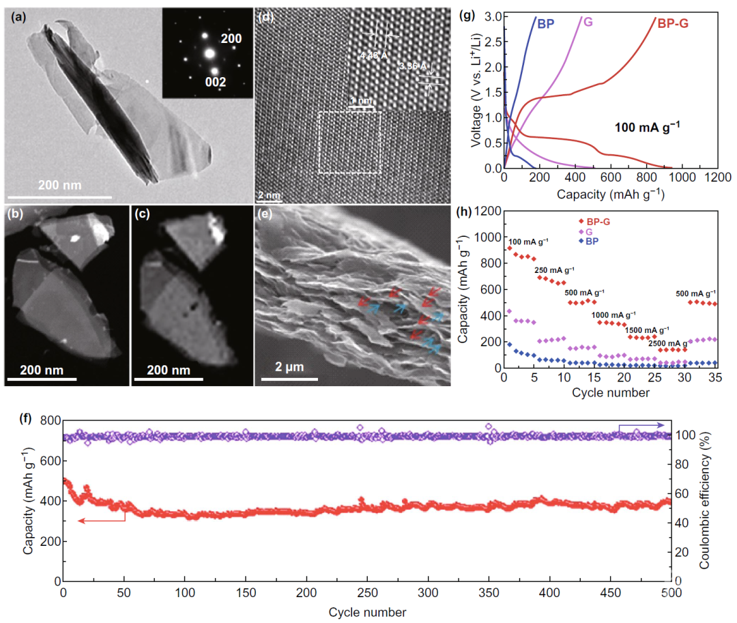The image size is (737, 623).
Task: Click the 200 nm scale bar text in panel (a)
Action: point(60,185)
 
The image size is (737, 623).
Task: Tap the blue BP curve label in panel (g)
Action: point(545,24)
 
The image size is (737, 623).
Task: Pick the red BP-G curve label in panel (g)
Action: point(672,25)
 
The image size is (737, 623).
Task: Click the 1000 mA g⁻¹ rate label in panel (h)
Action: point(611,315)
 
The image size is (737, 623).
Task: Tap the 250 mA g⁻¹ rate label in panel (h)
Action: point(554,270)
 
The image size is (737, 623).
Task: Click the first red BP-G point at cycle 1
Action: point(508,248)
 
